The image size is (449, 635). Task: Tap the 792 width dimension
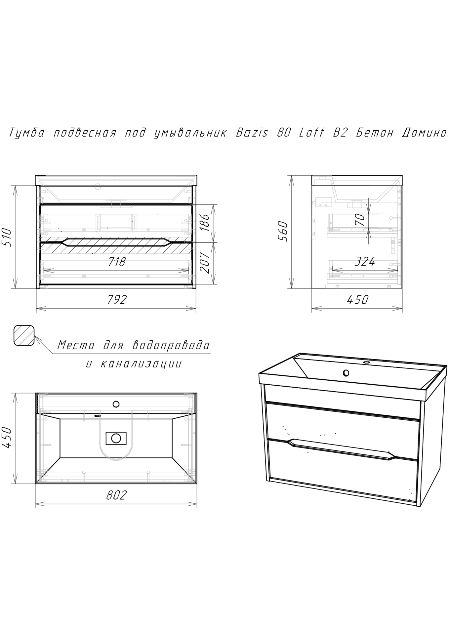point(117,300)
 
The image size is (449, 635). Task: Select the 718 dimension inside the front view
point(117,262)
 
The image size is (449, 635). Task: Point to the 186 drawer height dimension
point(205,222)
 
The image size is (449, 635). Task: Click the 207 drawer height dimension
point(205,262)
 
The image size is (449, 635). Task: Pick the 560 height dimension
point(284,231)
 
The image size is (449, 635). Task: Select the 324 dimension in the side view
point(364,262)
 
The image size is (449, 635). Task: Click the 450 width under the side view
point(357,300)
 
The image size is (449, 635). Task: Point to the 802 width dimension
point(116,495)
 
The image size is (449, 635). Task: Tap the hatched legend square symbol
point(24,335)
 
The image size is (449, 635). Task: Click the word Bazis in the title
point(252,133)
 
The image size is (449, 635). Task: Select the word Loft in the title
point(311,133)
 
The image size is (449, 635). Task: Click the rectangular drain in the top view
point(116,438)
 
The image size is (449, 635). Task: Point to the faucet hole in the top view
point(116,404)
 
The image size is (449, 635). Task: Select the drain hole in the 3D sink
point(346,373)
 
